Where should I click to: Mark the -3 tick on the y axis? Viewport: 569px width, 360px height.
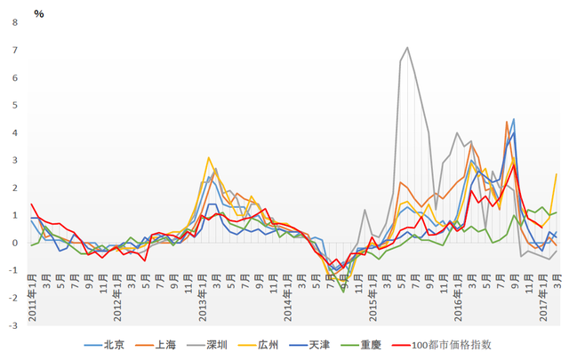point(12,324)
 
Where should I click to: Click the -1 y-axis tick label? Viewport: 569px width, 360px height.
point(12,269)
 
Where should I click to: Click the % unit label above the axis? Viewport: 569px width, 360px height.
point(38,12)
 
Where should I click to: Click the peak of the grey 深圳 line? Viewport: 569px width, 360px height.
point(407,48)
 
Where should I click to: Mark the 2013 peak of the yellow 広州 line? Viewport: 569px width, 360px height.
point(209,158)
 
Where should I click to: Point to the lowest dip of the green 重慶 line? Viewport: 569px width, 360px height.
point(343,291)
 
